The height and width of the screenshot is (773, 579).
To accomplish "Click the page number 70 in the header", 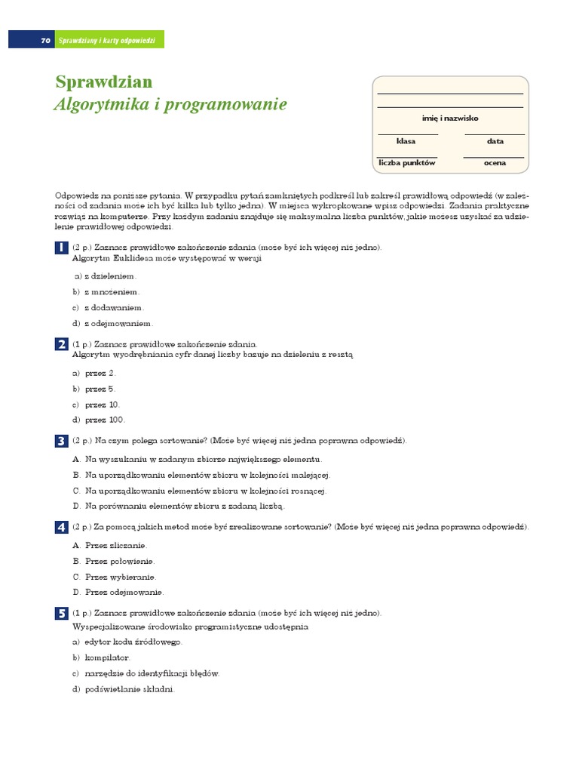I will (x=45, y=40).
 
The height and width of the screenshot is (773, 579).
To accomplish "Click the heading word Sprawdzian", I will (x=104, y=82).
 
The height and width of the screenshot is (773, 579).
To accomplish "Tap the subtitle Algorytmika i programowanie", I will (x=170, y=105).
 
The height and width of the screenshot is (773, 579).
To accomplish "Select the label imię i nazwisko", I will (x=450, y=119).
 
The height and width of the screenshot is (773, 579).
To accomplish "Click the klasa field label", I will (x=406, y=141).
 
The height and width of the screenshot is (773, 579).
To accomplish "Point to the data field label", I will (x=495, y=141).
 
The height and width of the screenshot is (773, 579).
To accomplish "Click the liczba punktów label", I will (x=407, y=163).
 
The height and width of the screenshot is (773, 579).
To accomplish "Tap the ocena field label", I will (x=495, y=163).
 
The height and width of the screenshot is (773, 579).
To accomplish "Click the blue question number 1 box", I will (x=61, y=248).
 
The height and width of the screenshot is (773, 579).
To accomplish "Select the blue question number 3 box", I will (x=61, y=441).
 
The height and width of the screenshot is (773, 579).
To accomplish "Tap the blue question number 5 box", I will (x=61, y=614).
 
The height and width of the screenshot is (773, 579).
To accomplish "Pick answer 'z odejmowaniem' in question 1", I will (x=115, y=323).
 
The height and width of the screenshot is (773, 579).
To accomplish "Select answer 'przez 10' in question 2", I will (x=102, y=405).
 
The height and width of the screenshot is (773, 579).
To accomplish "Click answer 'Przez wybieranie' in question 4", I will (x=120, y=577).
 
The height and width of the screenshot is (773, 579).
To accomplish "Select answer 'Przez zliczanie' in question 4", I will (x=115, y=545).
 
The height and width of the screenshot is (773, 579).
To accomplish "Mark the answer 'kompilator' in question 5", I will (x=107, y=658).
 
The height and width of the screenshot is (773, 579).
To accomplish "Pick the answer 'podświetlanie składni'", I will (x=129, y=688).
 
